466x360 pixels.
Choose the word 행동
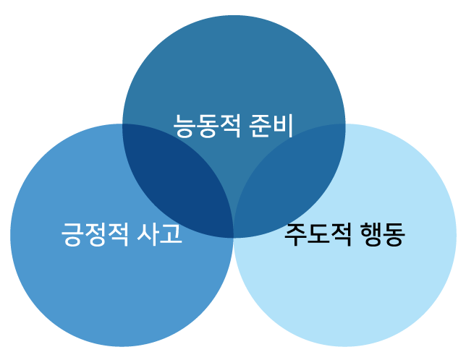click(382, 234)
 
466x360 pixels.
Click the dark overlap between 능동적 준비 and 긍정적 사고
click(181, 181)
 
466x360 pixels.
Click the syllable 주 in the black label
click(295, 234)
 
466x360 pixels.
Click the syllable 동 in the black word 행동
click(394, 234)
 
